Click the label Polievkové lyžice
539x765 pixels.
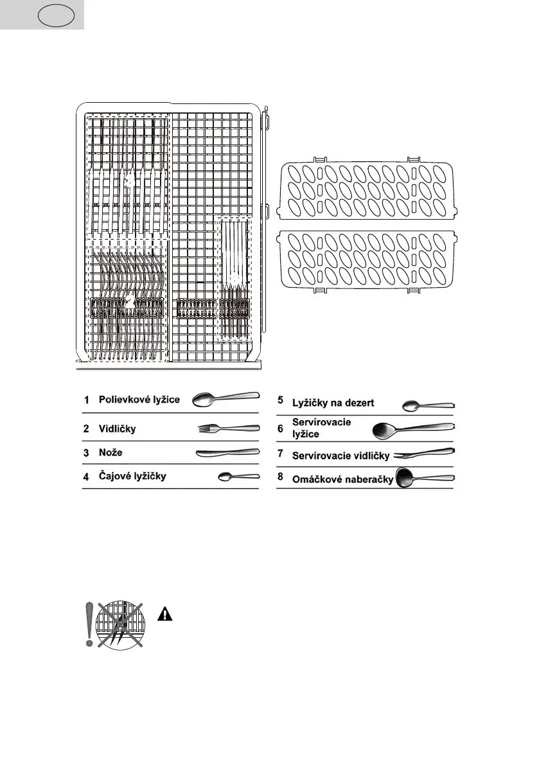[139, 400]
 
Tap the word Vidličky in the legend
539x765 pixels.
[117, 428]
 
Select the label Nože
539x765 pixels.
[110, 453]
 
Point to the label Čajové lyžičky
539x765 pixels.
[133, 477]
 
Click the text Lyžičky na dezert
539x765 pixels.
[333, 403]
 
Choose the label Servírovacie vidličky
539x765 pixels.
[341, 455]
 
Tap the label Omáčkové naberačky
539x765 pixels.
[342, 479]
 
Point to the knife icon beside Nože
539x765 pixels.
[227, 453]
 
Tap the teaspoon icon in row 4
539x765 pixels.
[238, 477]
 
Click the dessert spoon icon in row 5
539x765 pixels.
[429, 406]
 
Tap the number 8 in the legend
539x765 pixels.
[280, 479]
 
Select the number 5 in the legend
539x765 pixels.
[280, 400]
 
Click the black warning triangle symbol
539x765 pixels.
[166, 614]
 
